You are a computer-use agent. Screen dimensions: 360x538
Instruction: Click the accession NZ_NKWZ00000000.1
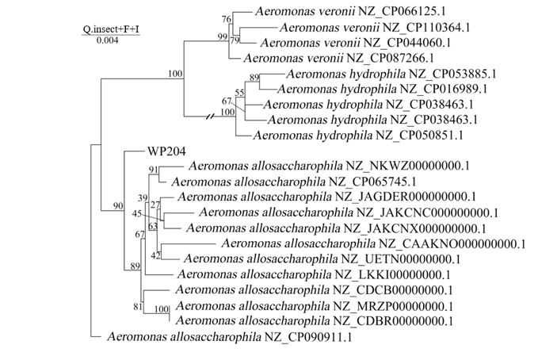[408, 166]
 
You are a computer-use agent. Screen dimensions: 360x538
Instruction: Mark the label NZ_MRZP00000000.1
[394, 305]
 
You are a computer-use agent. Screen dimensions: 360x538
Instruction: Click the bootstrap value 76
[227, 19]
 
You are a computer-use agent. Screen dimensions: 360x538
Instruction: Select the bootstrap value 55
[239, 94]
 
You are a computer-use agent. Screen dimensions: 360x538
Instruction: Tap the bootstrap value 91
[154, 170]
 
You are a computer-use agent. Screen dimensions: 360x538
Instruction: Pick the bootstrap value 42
[156, 255]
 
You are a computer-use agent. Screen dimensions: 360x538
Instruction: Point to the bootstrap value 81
[138, 307]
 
